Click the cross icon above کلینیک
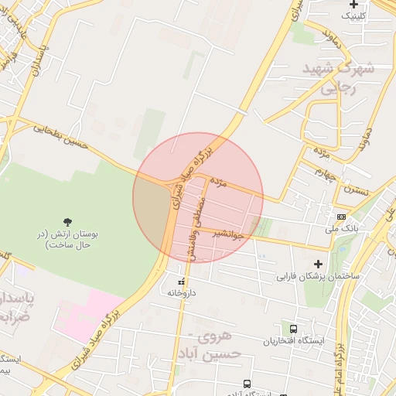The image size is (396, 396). [353, 5]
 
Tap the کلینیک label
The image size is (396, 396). [354, 15]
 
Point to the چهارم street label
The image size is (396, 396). [326, 173]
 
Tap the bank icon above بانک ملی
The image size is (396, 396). [341, 217]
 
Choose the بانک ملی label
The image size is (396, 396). [341, 229]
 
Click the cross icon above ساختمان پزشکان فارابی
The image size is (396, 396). [318, 264]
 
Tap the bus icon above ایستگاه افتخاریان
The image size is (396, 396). [292, 329]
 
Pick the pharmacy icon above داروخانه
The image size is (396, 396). [182, 282]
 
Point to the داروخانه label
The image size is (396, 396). [183, 293]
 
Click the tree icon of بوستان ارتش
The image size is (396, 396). [68, 222]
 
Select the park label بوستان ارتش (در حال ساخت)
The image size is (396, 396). [68, 239]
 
